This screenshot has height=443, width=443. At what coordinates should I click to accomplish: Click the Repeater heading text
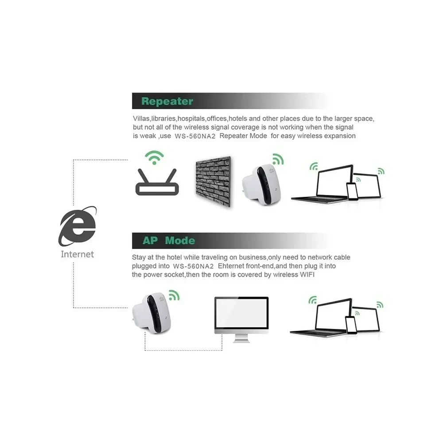click(167, 101)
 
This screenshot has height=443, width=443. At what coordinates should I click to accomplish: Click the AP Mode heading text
click(169, 241)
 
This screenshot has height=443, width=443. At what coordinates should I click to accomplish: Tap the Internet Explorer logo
click(78, 226)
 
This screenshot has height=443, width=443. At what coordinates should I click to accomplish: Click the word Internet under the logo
click(77, 254)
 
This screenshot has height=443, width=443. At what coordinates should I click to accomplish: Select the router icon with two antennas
click(157, 182)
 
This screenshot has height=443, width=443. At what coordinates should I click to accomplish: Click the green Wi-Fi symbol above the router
click(154, 157)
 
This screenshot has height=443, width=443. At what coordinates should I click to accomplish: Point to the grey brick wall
click(214, 181)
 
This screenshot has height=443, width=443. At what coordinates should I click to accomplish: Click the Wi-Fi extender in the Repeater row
click(261, 184)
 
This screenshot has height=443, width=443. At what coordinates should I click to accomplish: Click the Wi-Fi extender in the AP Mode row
click(152, 313)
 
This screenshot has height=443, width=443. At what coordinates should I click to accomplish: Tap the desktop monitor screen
click(241, 313)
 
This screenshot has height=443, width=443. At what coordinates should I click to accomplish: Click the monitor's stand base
click(241, 340)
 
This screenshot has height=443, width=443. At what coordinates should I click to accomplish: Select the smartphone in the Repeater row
click(352, 191)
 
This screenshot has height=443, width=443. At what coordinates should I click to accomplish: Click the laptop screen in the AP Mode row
click(334, 315)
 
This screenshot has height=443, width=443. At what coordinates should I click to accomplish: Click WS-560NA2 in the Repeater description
click(195, 136)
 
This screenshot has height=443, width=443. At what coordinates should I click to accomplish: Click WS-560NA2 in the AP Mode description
click(193, 266)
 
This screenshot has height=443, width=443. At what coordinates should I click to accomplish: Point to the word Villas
click(141, 119)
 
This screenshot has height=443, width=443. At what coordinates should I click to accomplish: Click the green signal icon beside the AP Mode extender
click(174, 295)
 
